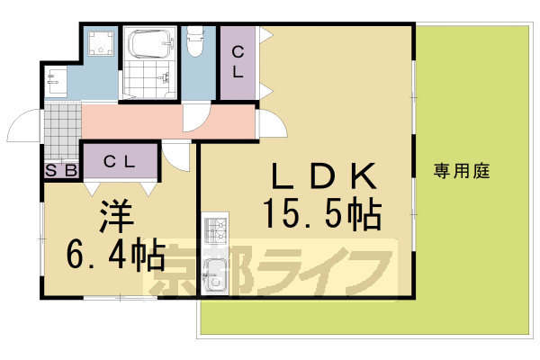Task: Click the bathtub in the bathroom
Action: (149, 42)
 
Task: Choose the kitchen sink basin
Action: (217, 275)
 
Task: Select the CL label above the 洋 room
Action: (120, 162)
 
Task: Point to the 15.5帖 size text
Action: (321, 215)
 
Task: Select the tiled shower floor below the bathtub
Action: (149, 81)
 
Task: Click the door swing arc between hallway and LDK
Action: (266, 123)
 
